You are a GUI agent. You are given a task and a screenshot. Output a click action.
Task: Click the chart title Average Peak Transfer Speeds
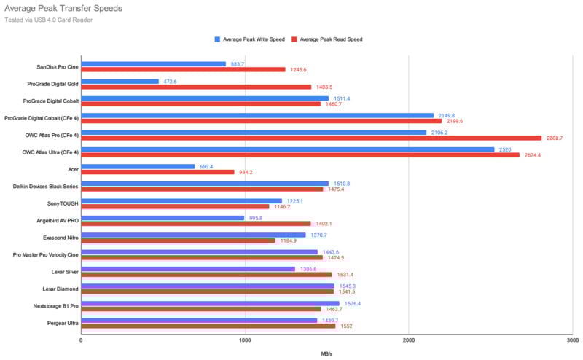(x=63, y=8)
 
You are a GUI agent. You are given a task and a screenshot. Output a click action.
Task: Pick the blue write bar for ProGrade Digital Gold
(x=120, y=81)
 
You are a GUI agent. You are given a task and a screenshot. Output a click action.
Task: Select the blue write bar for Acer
(x=138, y=166)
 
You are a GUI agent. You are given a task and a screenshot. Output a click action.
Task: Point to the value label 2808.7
(x=555, y=138)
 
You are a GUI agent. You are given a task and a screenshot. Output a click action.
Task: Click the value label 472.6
(x=169, y=81)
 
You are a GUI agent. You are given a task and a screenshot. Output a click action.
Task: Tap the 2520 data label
(x=504, y=149)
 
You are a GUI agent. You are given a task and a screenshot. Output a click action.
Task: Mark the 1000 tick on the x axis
(x=245, y=340)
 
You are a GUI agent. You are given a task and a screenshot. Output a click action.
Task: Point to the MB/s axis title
(x=326, y=354)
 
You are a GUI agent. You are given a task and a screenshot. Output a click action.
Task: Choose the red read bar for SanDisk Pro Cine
(x=183, y=70)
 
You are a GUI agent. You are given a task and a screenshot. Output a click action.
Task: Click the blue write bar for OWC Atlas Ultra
(x=287, y=149)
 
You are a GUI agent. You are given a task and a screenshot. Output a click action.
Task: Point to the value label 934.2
(x=246, y=172)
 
